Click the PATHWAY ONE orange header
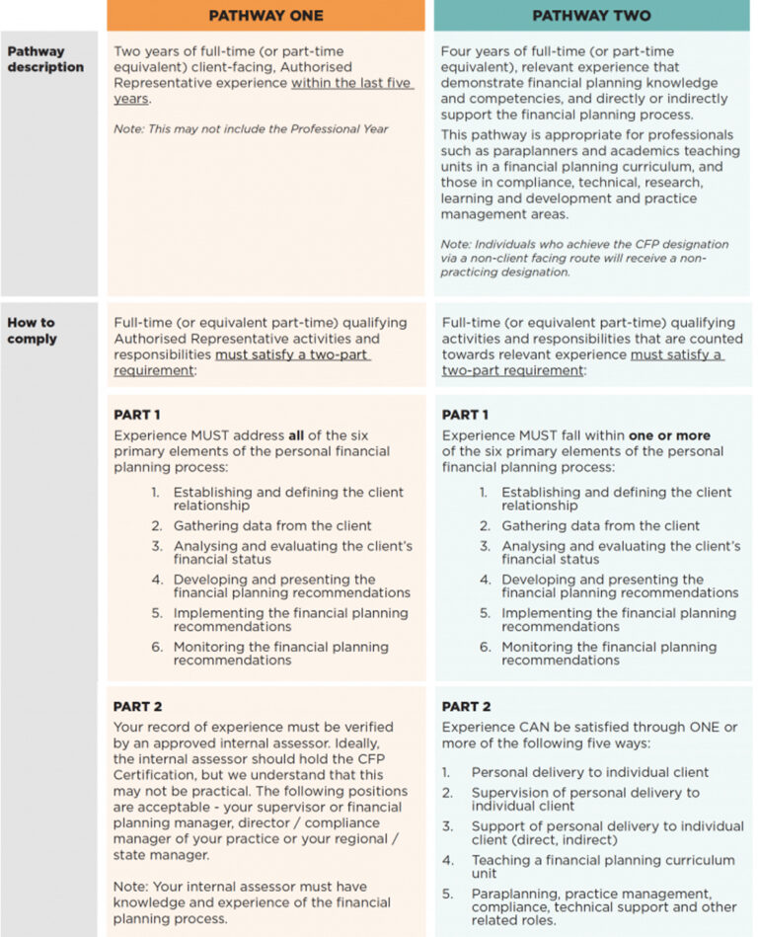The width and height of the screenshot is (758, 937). [266, 16]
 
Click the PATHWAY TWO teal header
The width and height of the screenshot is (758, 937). [590, 16]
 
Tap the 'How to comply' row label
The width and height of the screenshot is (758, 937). [33, 331]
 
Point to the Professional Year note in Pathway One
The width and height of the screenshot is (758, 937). [251, 129]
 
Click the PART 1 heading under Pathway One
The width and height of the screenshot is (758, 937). [136, 415]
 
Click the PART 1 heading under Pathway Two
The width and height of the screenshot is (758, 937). [465, 415]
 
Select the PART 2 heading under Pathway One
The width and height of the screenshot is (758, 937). [136, 707]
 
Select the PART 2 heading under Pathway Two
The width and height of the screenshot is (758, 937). [465, 707]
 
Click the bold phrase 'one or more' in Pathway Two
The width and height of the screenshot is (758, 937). [670, 435]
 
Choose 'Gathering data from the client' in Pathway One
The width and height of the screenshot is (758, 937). [272, 525]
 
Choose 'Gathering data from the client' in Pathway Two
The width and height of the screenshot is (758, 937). [600, 525]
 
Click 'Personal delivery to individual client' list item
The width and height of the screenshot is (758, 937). [589, 772]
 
